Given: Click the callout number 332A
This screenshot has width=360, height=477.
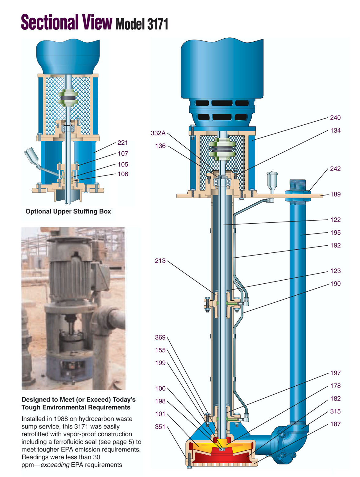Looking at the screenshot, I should pos(158,133).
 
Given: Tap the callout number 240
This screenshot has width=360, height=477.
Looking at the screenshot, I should pos(335,118).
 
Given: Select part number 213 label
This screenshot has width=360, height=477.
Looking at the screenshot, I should pos(160,261).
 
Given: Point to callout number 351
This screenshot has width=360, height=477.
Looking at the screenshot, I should pos(160,426).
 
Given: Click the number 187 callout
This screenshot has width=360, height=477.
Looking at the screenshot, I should pos(335,424).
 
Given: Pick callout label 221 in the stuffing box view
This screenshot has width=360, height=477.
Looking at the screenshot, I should pos(123,142).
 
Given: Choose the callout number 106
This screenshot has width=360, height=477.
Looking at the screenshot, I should pos(123,174).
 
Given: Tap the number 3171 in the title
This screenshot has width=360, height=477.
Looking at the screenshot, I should pos(158,24).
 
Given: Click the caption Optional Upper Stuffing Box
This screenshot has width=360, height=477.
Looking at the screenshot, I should pos(68,211).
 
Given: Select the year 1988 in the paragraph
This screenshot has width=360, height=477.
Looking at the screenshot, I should pos(61,419).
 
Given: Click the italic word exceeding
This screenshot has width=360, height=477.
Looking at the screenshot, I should pos(55,465).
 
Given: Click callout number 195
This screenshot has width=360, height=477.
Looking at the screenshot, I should pos(335,233).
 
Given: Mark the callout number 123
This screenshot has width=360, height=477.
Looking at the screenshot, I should pos(335,271).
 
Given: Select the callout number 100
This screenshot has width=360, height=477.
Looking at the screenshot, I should pos(160,388).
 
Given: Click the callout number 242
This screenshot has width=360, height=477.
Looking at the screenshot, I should pos(335,169).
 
